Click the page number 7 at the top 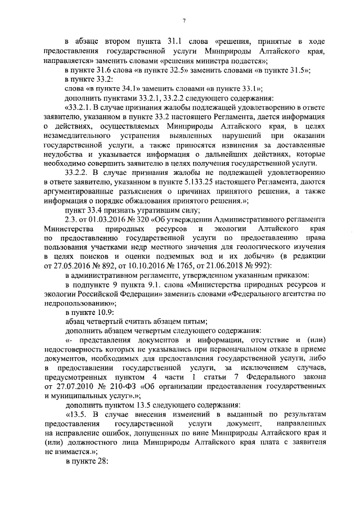184,21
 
